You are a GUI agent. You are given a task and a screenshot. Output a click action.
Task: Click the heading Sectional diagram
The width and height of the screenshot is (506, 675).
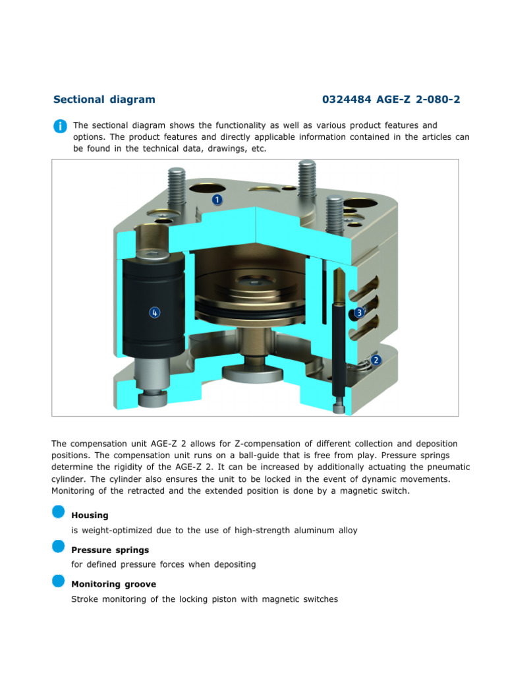pyautogui.click(x=104, y=100)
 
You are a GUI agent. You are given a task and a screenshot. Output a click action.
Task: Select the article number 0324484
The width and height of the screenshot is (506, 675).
pyautogui.click(x=347, y=100)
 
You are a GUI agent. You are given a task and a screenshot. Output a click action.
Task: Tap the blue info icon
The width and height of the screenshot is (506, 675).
pyautogui.click(x=59, y=126)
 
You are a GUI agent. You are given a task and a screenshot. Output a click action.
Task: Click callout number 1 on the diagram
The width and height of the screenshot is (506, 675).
pyautogui.click(x=217, y=199)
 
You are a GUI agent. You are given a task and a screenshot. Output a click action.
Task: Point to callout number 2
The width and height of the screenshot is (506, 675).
pyautogui.click(x=376, y=360)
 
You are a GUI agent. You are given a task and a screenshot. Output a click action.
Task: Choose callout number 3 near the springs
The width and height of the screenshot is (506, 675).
pyautogui.click(x=359, y=312)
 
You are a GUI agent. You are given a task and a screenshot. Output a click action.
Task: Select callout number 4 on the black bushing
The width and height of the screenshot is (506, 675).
pyautogui.click(x=154, y=312)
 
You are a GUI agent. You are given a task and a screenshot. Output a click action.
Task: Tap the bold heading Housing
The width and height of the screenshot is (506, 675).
pyautogui.click(x=90, y=515)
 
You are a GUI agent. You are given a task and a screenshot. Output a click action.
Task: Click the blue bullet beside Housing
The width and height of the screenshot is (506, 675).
pyautogui.click(x=59, y=512)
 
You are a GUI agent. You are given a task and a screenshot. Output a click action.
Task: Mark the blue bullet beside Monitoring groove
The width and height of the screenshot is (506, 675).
pyautogui.click(x=59, y=581)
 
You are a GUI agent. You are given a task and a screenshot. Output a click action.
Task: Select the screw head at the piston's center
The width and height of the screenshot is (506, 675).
pyautogui.click(x=254, y=281)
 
